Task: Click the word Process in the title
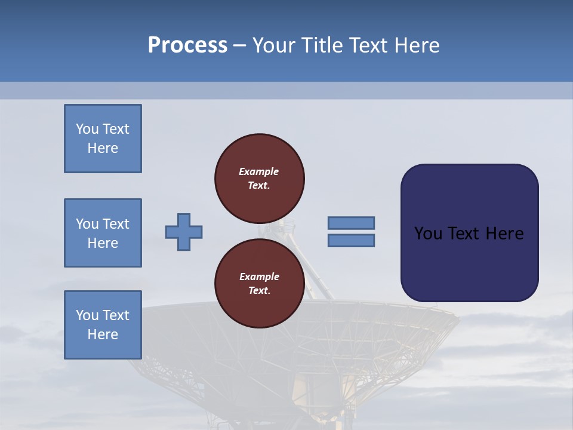pyautogui.click(x=187, y=45)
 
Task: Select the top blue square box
pyautogui.click(x=103, y=139)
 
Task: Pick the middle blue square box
pyautogui.click(x=103, y=233)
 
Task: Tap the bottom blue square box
pyautogui.click(x=103, y=325)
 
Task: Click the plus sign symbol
pyautogui.click(x=184, y=232)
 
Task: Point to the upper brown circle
pyautogui.click(x=259, y=178)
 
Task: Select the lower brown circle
pyautogui.click(x=259, y=283)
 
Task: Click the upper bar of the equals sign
pyautogui.click(x=351, y=223)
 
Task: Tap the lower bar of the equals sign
pyautogui.click(x=351, y=241)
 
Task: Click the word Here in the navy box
pyautogui.click(x=504, y=234)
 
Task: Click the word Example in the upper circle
pyautogui.click(x=258, y=171)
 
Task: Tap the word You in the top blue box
pyautogui.click(x=87, y=129)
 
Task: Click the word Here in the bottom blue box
pyautogui.click(x=103, y=334)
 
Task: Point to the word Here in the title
pyautogui.click(x=417, y=45)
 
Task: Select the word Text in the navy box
pyautogui.click(x=463, y=234)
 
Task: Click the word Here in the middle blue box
pyautogui.click(x=103, y=243)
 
